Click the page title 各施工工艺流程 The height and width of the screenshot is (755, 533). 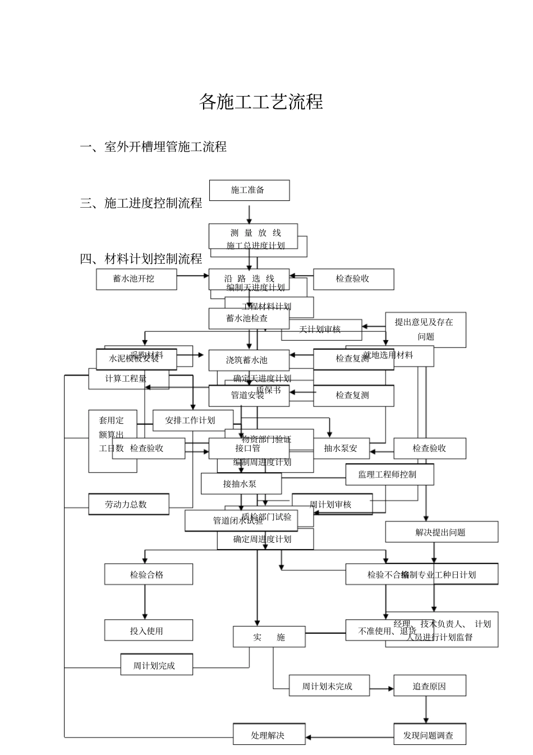point(261,102)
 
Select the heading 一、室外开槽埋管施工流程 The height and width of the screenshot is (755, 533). point(153,147)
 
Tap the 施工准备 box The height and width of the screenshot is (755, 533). point(249,190)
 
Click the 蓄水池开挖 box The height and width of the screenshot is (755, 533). point(136,279)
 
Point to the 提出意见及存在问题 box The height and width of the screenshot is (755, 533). point(426,330)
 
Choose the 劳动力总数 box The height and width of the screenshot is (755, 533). point(128,504)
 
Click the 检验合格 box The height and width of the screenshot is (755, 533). point(148,574)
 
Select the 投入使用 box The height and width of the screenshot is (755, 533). point(148,630)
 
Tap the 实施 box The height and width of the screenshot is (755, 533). point(269,637)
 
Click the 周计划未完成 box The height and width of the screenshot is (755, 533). point(329,686)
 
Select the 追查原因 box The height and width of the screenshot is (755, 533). point(429,686)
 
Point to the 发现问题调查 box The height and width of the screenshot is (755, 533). point(429,735)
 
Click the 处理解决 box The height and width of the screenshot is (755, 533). point(269,735)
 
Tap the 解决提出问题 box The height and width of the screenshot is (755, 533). point(441,532)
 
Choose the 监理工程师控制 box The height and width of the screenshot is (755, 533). point(389,474)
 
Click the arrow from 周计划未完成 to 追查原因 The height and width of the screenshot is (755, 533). point(382,689)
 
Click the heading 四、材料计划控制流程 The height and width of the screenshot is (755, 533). point(141,259)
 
